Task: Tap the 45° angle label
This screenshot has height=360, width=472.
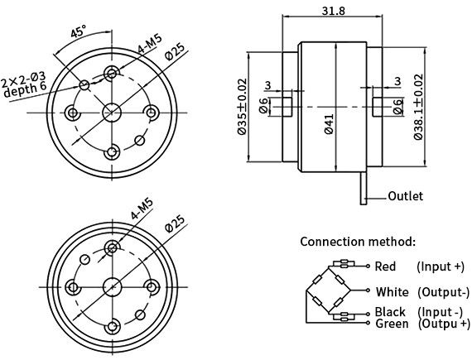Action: pos(78,33)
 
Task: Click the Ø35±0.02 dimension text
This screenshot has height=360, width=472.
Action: pos(241,108)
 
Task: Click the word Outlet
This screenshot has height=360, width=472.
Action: pos(406,196)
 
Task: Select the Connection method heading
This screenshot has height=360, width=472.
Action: pos(358,242)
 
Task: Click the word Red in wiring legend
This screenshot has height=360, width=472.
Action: pos(385,266)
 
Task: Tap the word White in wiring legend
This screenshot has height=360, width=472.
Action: pos(392,291)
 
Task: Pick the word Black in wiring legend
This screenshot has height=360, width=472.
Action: pos(390,312)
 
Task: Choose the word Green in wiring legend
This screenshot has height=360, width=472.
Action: pos(391,324)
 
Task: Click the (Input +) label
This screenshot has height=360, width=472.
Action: pos(441,266)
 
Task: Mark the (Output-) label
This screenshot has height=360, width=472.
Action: pos(443,291)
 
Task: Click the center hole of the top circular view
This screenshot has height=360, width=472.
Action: pos(113,112)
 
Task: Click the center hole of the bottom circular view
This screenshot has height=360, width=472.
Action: pos(113,286)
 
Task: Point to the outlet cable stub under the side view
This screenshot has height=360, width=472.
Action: pos(364,186)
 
